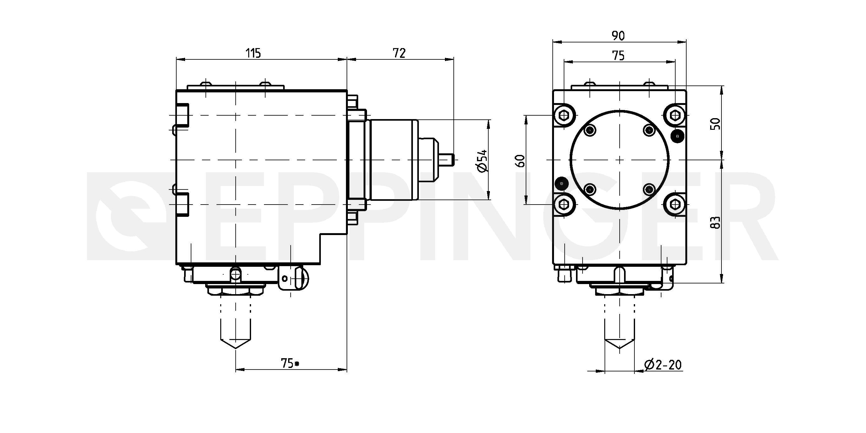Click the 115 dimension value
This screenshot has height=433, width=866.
click(x=254, y=53)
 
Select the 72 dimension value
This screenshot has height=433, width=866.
click(x=399, y=53)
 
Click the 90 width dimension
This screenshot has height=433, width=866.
click(x=618, y=36)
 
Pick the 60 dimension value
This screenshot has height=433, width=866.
click(x=521, y=161)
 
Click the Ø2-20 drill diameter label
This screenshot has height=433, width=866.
click(x=663, y=364)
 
